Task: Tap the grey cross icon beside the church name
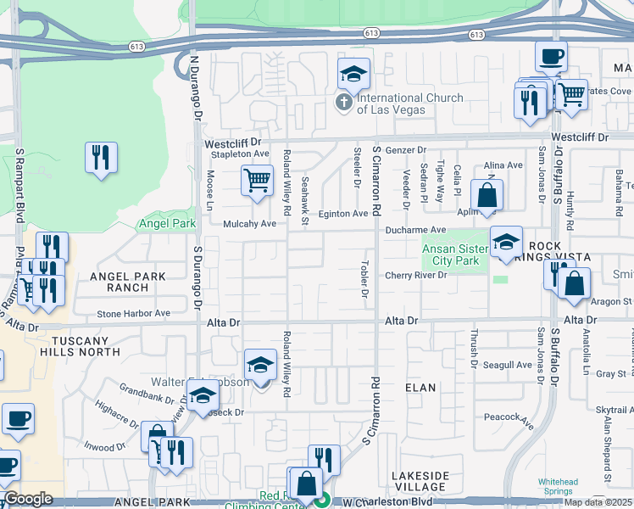[343, 103]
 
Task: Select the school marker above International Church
[353, 75]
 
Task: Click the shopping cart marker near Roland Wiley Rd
[257, 181]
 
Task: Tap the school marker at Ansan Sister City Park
[506, 243]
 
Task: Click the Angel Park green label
[168, 224]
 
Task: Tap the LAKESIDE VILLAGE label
[420, 481]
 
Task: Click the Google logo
[28, 499]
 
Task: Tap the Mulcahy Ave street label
[250, 224]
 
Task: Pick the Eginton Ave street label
[343, 214]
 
